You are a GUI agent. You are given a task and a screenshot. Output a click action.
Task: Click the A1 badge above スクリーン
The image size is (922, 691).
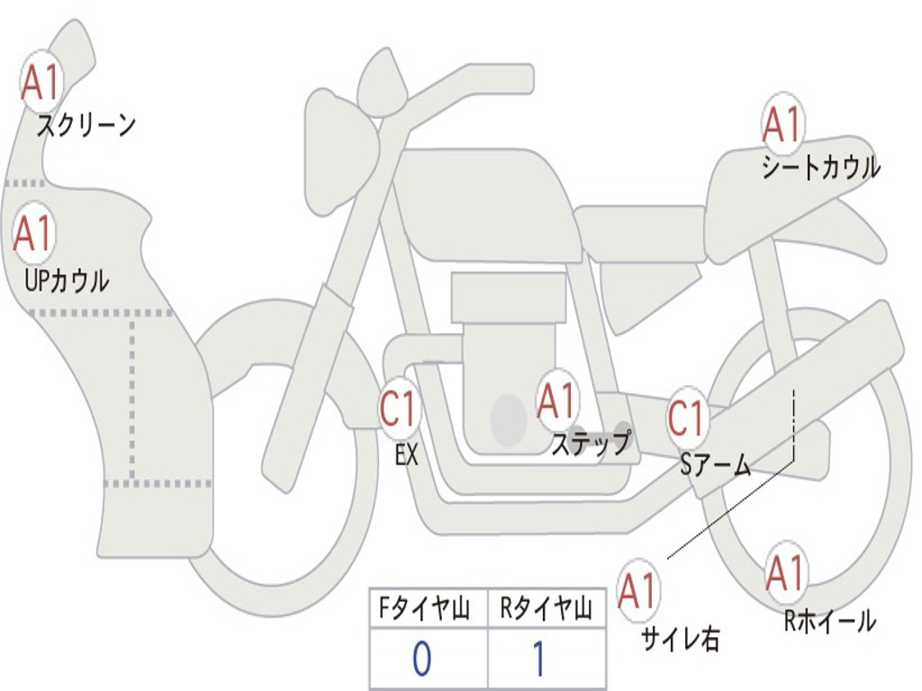pos(40,83)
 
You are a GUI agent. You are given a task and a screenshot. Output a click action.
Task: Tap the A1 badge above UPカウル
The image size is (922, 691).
pos(33,235)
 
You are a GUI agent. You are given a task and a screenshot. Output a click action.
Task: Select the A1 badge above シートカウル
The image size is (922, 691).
pos(782,125)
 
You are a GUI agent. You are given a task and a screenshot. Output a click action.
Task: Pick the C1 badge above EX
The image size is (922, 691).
pos(400,409)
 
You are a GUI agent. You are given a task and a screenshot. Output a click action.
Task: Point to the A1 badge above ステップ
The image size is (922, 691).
pos(557,402)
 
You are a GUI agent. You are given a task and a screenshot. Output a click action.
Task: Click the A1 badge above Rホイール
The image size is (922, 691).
pos(785,573)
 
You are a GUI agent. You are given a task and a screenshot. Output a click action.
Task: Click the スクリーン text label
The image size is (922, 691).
pos(86,125)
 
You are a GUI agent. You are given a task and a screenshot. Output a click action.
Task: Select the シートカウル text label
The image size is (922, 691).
pos(820,168)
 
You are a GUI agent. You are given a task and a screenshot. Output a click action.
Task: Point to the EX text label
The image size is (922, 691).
pos(407,455)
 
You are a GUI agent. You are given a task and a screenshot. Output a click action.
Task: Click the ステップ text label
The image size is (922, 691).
pos(591,444)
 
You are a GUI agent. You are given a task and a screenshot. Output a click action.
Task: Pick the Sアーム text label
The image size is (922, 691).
pos(716,464)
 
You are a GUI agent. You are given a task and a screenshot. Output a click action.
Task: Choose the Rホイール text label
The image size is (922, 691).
pos(829,621)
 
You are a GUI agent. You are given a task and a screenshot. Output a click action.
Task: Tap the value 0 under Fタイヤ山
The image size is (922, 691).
pos(421,660)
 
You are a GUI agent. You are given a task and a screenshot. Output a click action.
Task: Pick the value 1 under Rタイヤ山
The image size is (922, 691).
pos(538,660)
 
